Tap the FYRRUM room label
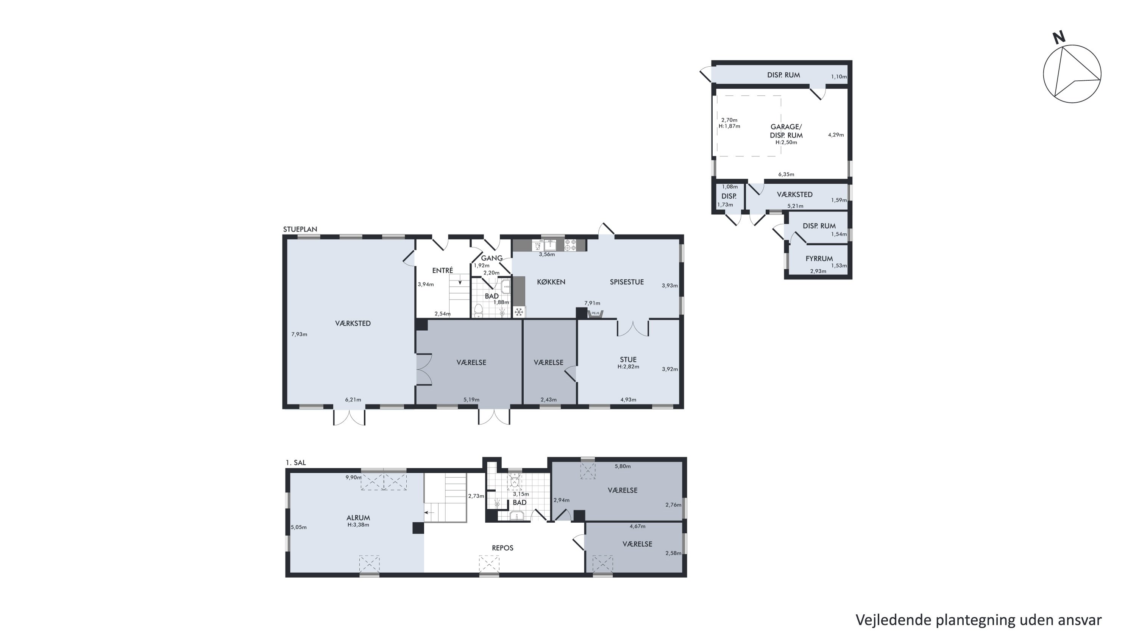point(819,258)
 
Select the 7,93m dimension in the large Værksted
point(299,334)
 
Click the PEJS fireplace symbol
point(595,314)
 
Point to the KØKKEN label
point(551,282)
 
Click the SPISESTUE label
point(627,282)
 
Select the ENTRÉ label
point(442,270)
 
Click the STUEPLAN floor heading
point(300,229)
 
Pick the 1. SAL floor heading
point(295,462)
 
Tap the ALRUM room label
point(358,518)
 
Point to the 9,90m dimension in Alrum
point(354,477)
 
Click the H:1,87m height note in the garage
point(729,126)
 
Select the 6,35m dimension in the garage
point(786,174)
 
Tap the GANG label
point(492,258)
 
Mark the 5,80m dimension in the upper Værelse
point(623,466)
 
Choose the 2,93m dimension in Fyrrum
point(818,271)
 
